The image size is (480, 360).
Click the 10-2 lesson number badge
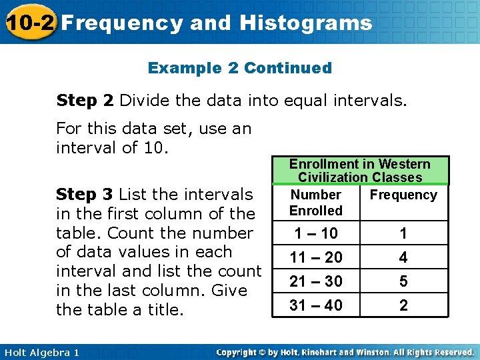click(27, 23)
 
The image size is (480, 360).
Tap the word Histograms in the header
click(305, 23)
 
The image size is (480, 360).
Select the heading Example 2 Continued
click(239, 68)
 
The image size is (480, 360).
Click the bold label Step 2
click(85, 101)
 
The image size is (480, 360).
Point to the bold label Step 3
click(85, 195)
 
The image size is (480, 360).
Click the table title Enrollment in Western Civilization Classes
click(359, 171)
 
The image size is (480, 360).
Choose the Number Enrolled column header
click(316, 203)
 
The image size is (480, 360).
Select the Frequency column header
click(403, 195)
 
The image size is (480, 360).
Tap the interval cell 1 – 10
click(316, 233)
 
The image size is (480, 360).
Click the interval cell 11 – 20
click(316, 257)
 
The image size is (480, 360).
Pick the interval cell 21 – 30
click(316, 281)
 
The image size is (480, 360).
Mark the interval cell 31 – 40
click(316, 305)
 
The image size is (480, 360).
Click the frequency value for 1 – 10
click(403, 233)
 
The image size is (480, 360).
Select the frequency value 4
click(403, 257)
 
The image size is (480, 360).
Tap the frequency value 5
click(403, 281)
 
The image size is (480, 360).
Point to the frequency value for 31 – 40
click(403, 305)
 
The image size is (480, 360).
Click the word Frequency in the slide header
click(122, 23)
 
